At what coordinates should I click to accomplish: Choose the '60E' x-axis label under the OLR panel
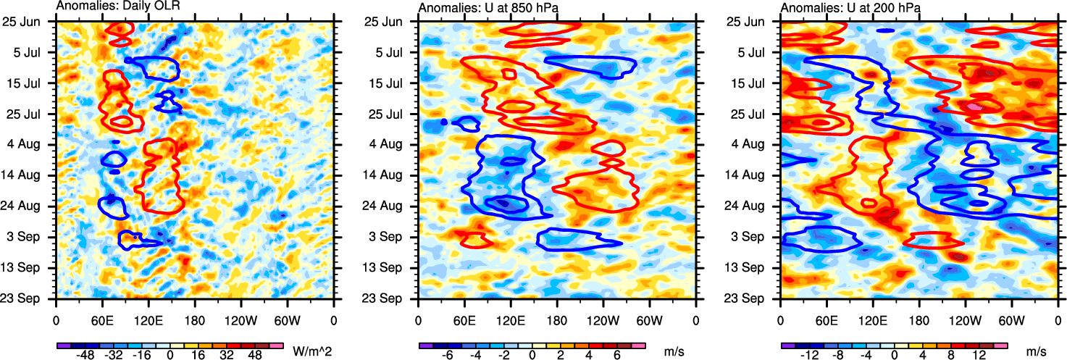point(102,319)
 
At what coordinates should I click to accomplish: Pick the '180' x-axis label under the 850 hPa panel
point(557,319)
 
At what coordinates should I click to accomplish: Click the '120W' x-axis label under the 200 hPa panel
point(965,319)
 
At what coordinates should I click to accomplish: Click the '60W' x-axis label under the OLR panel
point(288,319)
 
